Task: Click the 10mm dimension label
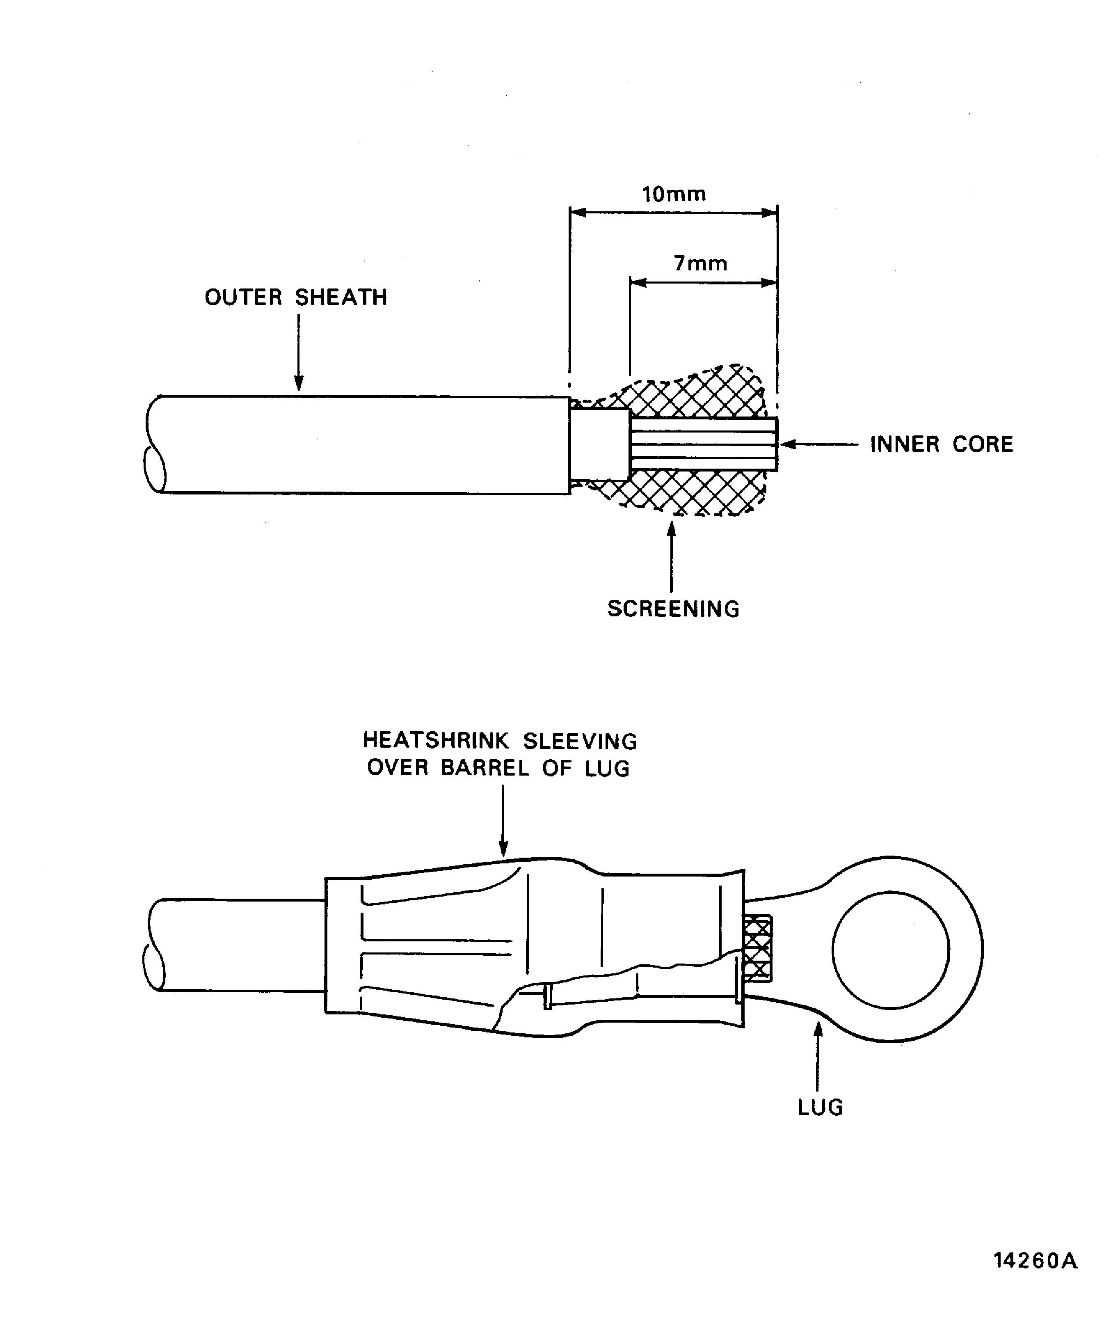(x=674, y=194)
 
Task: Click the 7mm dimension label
(x=701, y=263)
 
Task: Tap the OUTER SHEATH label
(x=296, y=297)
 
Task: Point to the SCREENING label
(x=673, y=609)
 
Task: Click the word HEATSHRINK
(x=435, y=741)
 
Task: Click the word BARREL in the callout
(x=485, y=768)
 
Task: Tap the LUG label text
(x=821, y=1107)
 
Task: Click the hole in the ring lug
(x=891, y=950)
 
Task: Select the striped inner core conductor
(x=703, y=444)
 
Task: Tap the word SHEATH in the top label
(x=341, y=297)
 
